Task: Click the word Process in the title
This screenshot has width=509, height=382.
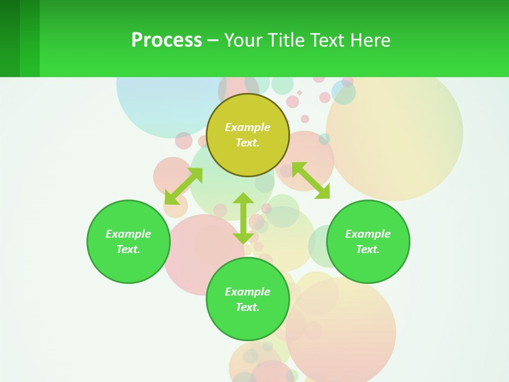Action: coord(166,40)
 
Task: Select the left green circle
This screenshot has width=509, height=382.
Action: coord(128,265)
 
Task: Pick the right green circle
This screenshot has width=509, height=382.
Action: coord(368,265)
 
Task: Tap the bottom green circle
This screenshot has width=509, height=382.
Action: coord(248,324)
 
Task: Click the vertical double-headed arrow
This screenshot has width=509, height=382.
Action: coord(243,218)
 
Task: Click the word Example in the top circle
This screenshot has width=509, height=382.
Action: coord(248,127)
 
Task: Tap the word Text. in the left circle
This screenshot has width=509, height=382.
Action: coord(128,249)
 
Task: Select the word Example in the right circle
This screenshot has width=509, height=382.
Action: coord(368,234)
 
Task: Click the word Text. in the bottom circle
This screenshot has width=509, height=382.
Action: coord(248,307)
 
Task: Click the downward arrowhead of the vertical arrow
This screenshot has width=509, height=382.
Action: coord(243,238)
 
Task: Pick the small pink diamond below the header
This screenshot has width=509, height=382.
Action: coord(300,93)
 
